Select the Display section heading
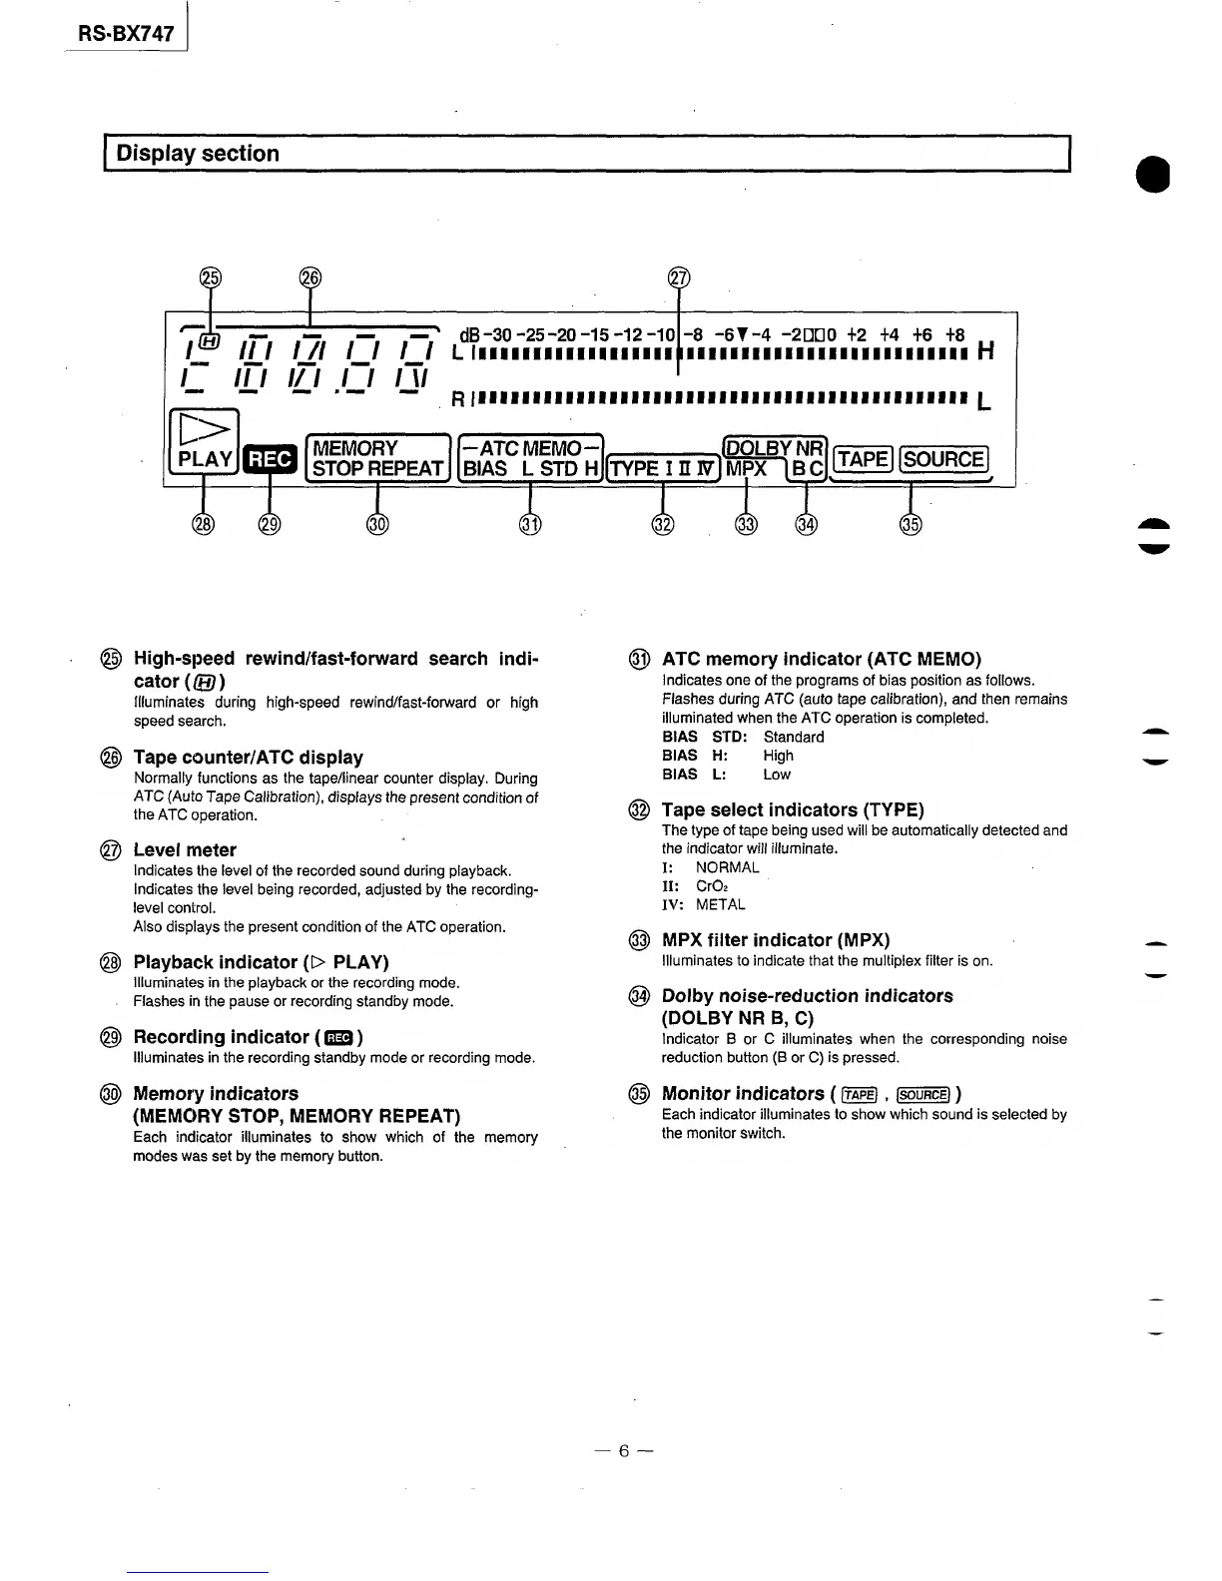click(198, 154)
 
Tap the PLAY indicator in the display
click(205, 459)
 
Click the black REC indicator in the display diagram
click(270, 459)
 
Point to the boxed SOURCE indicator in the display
click(943, 459)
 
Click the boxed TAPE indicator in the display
click(862, 459)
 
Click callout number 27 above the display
click(679, 278)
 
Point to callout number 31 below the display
click(529, 525)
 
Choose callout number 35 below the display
click(911, 525)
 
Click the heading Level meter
click(185, 850)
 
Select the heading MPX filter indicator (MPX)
click(776, 940)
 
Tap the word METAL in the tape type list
click(721, 905)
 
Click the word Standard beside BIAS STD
click(794, 738)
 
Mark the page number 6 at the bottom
click(623, 1451)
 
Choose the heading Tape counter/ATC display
click(248, 758)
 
